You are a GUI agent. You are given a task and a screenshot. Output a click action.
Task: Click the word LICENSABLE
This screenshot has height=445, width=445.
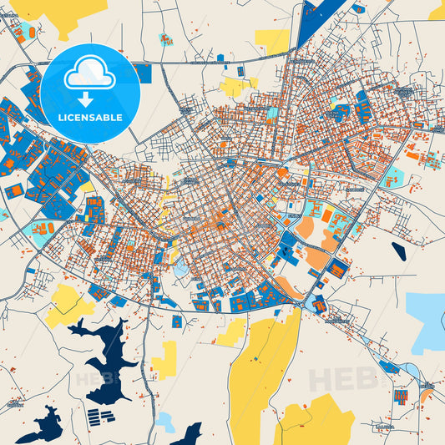coord(90,118)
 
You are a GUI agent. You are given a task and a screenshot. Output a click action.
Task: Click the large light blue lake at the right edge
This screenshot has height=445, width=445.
coord(427,321)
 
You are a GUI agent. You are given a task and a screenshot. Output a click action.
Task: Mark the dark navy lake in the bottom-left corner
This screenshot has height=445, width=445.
coord(42,427)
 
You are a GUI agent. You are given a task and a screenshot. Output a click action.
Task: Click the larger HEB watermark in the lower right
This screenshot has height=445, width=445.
coord(342,379)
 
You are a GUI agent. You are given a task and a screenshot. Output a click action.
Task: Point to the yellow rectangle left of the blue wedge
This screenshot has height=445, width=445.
coord(272,40)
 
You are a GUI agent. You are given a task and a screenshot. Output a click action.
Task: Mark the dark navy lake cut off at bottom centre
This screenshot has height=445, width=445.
coord(189,435)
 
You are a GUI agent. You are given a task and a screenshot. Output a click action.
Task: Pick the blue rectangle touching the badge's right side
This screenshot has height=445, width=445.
coord(144,73)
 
